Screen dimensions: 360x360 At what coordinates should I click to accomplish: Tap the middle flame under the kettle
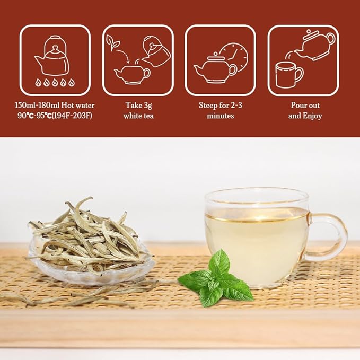click(55, 82)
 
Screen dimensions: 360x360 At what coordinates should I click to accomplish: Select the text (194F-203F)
click(72, 116)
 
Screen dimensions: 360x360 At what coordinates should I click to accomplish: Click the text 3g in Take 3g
click(147, 106)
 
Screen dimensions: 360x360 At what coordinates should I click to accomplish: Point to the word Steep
click(208, 106)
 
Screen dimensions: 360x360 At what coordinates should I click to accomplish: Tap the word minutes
click(221, 116)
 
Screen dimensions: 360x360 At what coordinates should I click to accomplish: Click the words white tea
click(138, 116)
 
